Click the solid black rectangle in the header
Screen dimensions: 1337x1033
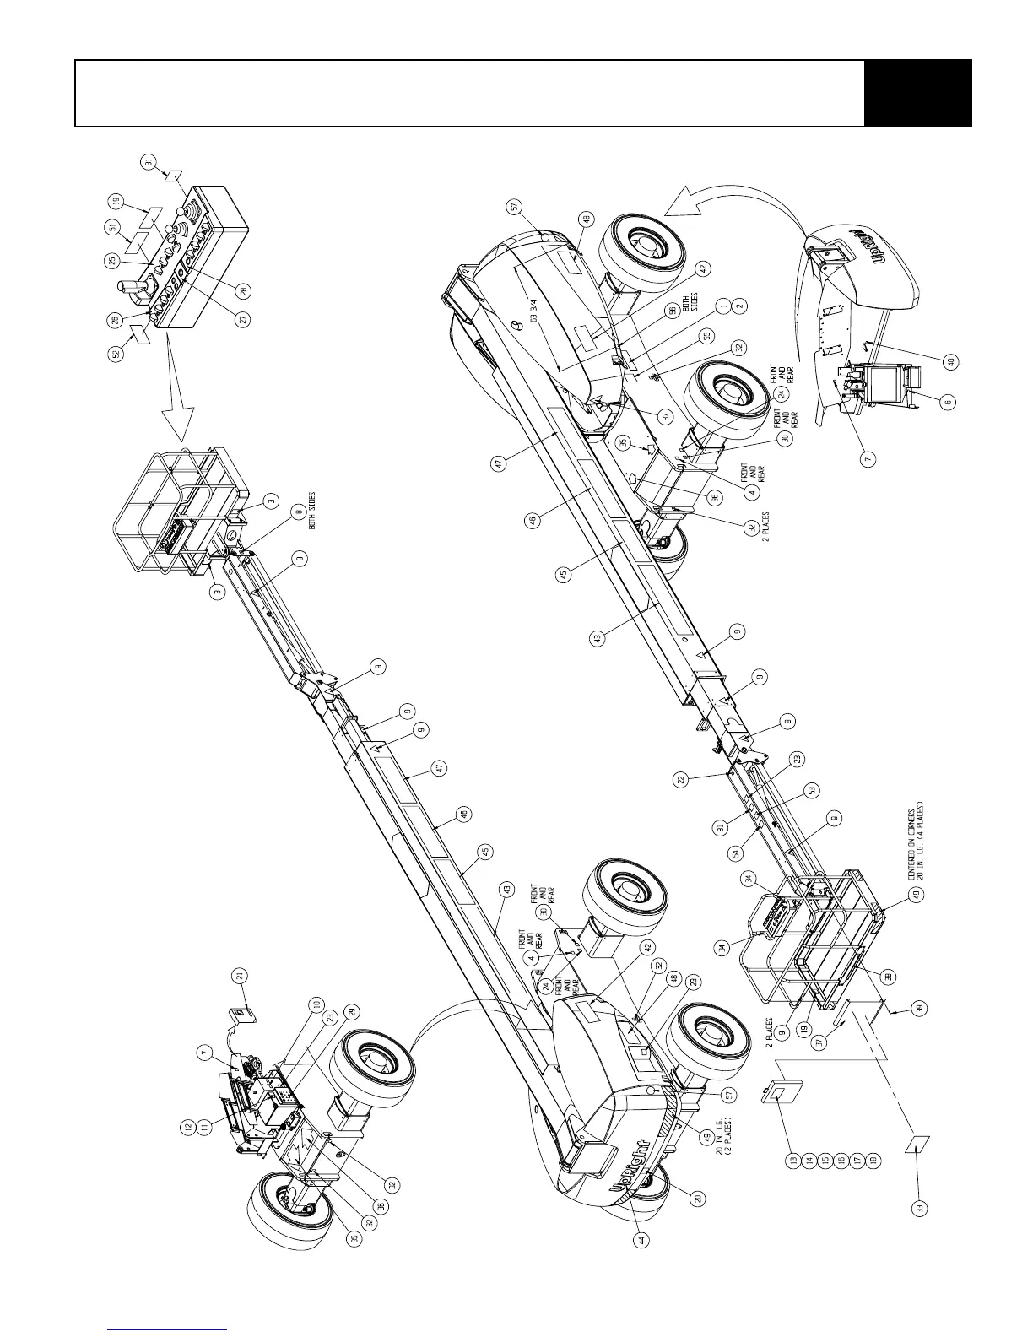point(917,93)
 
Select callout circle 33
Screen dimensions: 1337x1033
point(920,1208)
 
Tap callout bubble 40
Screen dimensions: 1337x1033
point(951,362)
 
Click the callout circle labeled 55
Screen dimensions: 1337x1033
point(705,336)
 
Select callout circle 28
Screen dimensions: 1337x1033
point(243,291)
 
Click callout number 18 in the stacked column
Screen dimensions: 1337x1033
point(874,1160)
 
